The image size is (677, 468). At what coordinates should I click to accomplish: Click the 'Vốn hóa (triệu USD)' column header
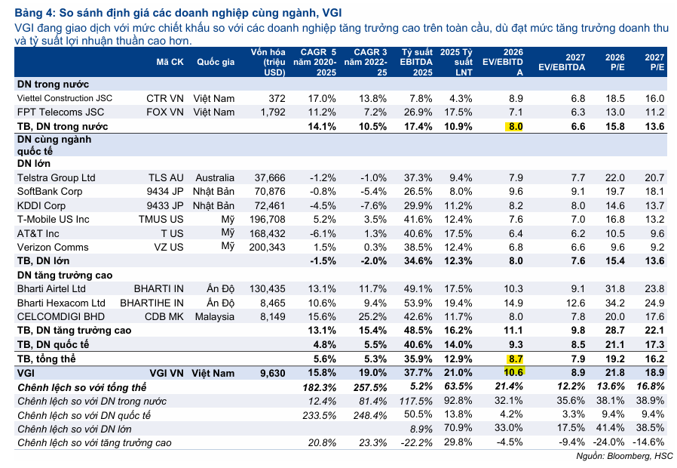pyautogui.click(x=268, y=62)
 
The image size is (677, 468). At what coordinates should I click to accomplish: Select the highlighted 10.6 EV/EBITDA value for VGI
pyautogui.click(x=513, y=372)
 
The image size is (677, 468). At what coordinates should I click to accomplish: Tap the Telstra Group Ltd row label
pyautogui.click(x=56, y=177)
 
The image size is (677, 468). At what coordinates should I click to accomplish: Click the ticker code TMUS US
pyautogui.click(x=161, y=219)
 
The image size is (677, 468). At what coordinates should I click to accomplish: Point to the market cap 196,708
pyautogui.click(x=268, y=220)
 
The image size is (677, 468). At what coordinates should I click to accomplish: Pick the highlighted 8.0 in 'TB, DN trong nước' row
pyautogui.click(x=514, y=127)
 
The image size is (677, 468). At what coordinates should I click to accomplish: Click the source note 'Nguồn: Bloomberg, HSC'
pyautogui.click(x=624, y=457)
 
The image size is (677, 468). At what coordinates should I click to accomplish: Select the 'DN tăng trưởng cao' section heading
pyautogui.click(x=65, y=276)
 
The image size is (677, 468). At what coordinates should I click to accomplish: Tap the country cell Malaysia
pyautogui.click(x=215, y=317)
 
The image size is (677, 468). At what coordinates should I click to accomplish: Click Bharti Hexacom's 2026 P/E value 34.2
pyautogui.click(x=615, y=303)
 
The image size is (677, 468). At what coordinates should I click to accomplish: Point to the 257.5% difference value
pyautogui.click(x=370, y=387)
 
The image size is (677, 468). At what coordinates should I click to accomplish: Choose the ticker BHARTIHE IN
pyautogui.click(x=152, y=303)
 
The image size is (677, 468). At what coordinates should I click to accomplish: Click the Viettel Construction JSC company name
pyautogui.click(x=65, y=99)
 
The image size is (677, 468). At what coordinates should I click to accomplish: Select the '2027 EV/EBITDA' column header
pyautogui.click(x=562, y=62)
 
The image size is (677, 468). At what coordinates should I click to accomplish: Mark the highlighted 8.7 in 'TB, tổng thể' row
pyautogui.click(x=514, y=359)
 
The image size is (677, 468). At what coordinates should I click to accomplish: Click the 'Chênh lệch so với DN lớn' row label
pyautogui.click(x=75, y=429)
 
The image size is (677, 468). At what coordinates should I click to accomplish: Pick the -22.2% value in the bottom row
pyautogui.click(x=417, y=443)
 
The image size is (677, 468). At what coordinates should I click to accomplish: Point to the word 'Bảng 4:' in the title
pyautogui.click(x=35, y=13)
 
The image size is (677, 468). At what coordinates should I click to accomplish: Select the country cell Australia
pyautogui.click(x=215, y=177)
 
